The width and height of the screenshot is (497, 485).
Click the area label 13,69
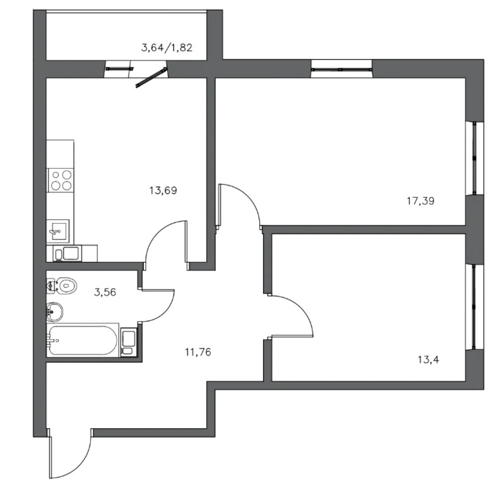point(163,191)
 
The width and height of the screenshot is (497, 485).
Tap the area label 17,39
point(421,201)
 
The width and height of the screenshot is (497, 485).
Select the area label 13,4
point(428,359)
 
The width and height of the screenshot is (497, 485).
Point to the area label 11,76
point(198,352)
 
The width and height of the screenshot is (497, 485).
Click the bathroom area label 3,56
point(105,292)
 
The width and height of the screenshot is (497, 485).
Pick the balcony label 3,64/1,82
point(167,48)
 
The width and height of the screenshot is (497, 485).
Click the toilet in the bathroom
point(62,285)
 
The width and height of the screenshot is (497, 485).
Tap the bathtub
point(83,340)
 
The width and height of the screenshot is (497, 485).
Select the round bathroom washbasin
point(54,311)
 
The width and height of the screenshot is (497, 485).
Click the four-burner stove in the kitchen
point(60,180)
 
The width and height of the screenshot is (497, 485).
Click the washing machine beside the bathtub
point(129,343)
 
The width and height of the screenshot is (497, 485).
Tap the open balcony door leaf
point(151,77)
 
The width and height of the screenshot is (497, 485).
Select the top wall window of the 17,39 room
point(341,69)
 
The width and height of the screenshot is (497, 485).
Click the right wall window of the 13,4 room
point(474,308)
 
